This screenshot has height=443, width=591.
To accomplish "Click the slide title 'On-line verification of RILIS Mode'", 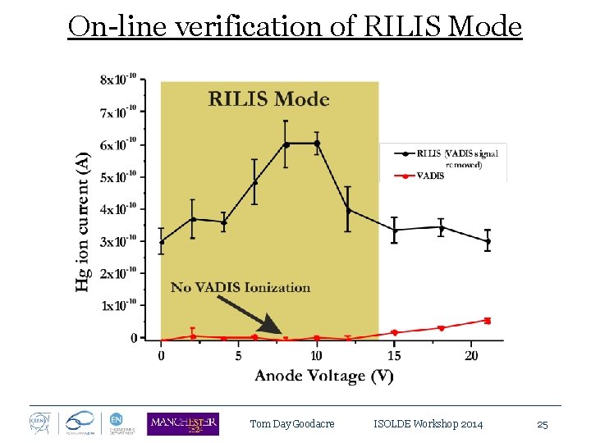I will pyautogui.click(x=295, y=26).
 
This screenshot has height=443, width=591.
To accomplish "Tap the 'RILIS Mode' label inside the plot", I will pyautogui.click(x=269, y=100).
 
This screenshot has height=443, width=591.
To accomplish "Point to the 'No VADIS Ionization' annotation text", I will pyautogui.click(x=241, y=287).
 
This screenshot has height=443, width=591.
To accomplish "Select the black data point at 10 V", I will pyautogui.click(x=317, y=144).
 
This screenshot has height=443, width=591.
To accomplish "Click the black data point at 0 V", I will pyautogui.click(x=161, y=241).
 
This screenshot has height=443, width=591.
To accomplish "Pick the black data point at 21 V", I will pyautogui.click(x=488, y=242).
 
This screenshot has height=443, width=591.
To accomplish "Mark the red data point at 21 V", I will pyautogui.click(x=488, y=321).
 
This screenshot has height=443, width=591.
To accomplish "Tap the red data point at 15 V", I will pyautogui.click(x=394, y=332).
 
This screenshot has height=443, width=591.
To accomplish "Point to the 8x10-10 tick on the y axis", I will pyautogui.click(x=118, y=80).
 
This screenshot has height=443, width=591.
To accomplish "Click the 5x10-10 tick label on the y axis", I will pyautogui.click(x=118, y=176).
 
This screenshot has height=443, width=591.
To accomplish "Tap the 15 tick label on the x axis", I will pyautogui.click(x=394, y=355).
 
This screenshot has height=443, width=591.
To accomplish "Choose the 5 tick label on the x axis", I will pyautogui.click(x=239, y=355).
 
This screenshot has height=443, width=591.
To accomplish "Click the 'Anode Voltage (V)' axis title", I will pyautogui.click(x=323, y=376).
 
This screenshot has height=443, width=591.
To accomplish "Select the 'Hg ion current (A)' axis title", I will pyautogui.click(x=83, y=221).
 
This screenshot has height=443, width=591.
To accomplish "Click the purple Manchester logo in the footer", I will pyautogui.click(x=183, y=423).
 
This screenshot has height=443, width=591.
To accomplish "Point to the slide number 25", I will pyautogui.click(x=542, y=424).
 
